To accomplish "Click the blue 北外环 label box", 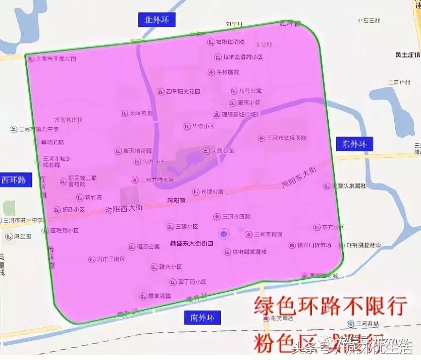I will pos(155,20).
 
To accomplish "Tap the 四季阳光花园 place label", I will pos(183,91).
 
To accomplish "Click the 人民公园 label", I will pos(222,151).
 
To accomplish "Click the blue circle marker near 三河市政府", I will pos(224,233).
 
